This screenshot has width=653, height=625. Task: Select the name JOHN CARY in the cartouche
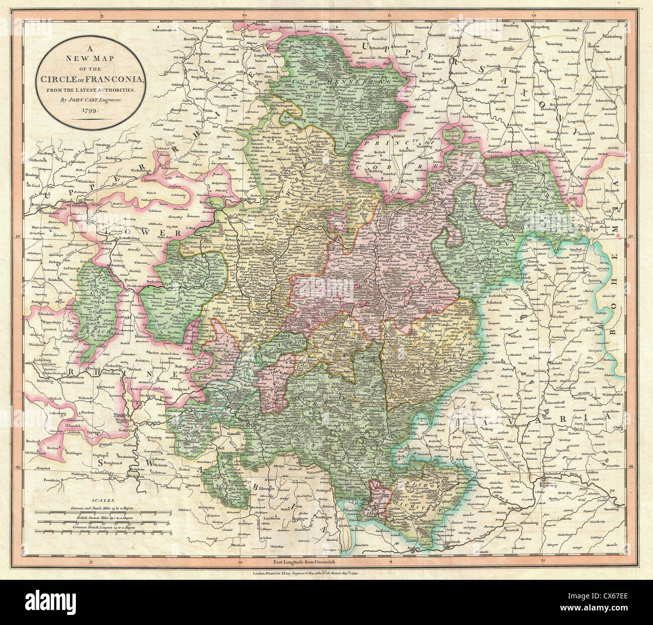click(89, 99)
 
